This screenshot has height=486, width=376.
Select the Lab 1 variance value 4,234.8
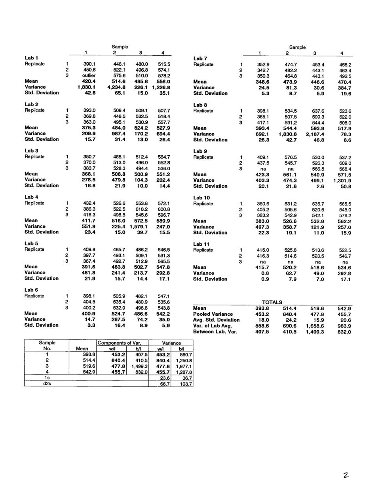pyautogui.click(x=116, y=87)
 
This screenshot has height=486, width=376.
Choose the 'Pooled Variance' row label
pyautogui.click(x=213, y=314)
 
